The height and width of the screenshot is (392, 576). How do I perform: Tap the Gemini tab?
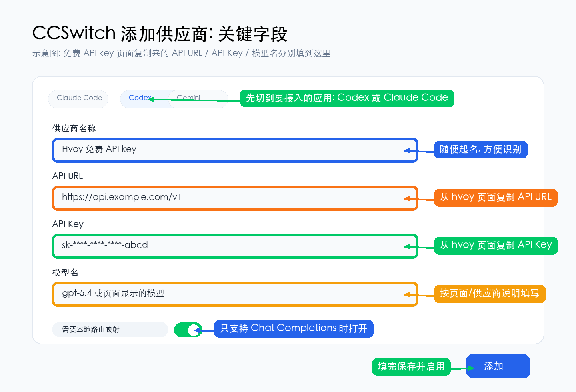[198, 99]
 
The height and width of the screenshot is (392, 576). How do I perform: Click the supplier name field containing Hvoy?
[235, 150]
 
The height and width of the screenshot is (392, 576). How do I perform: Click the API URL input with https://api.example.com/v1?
[235, 198]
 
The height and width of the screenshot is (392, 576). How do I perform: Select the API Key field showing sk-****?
[235, 246]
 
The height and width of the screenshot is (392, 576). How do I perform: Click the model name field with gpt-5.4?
[235, 294]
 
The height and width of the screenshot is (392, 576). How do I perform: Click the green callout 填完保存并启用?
[411, 366]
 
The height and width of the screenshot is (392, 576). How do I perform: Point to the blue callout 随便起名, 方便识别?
[481, 150]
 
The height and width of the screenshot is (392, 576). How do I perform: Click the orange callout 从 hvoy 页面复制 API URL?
[496, 198]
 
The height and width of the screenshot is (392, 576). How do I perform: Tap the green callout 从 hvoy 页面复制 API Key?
[496, 245]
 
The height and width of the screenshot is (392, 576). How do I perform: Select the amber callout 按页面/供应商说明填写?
[490, 294]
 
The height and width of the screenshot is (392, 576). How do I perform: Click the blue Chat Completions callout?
[294, 329]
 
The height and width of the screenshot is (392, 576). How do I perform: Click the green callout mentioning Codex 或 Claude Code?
[347, 98]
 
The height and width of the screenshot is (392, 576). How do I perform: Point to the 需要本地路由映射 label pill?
[110, 330]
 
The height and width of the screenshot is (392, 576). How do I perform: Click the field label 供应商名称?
[74, 129]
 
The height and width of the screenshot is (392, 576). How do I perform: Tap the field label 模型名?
[65, 273]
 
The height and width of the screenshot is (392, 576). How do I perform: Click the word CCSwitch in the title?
[74, 33]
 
